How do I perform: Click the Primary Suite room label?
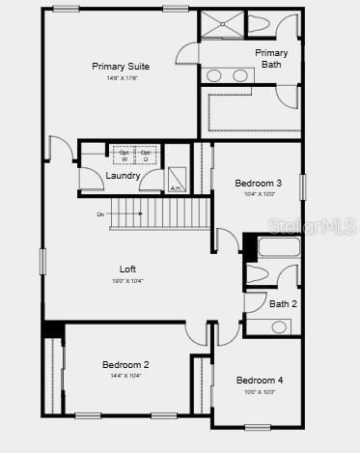coord(121,67)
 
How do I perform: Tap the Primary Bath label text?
coord(271,59)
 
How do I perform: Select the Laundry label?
coord(124,176)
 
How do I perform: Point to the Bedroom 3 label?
coord(259,184)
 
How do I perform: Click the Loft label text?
coord(127,269)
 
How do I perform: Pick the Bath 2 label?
coord(283,304)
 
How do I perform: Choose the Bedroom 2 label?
coord(125,364)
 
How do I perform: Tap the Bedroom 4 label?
coord(260,381)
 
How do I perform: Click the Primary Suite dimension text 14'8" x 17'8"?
coord(121,78)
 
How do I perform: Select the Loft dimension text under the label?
coord(127,280)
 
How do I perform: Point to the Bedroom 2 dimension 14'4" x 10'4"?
coord(125,375)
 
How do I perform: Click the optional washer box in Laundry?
coord(124,155)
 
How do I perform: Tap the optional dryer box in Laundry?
coord(145,155)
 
